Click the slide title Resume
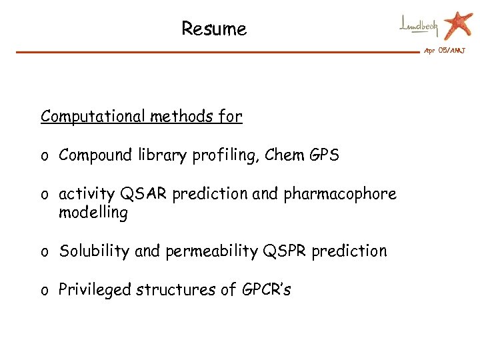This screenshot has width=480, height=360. pyautogui.click(x=214, y=29)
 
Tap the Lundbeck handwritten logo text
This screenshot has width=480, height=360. pyautogui.click(x=419, y=26)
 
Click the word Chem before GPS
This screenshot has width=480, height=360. pyautogui.click(x=283, y=156)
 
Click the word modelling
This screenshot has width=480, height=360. pyautogui.click(x=93, y=213)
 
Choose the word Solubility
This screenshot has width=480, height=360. pyautogui.click(x=95, y=251)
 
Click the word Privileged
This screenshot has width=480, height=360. pyautogui.click(x=95, y=290)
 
